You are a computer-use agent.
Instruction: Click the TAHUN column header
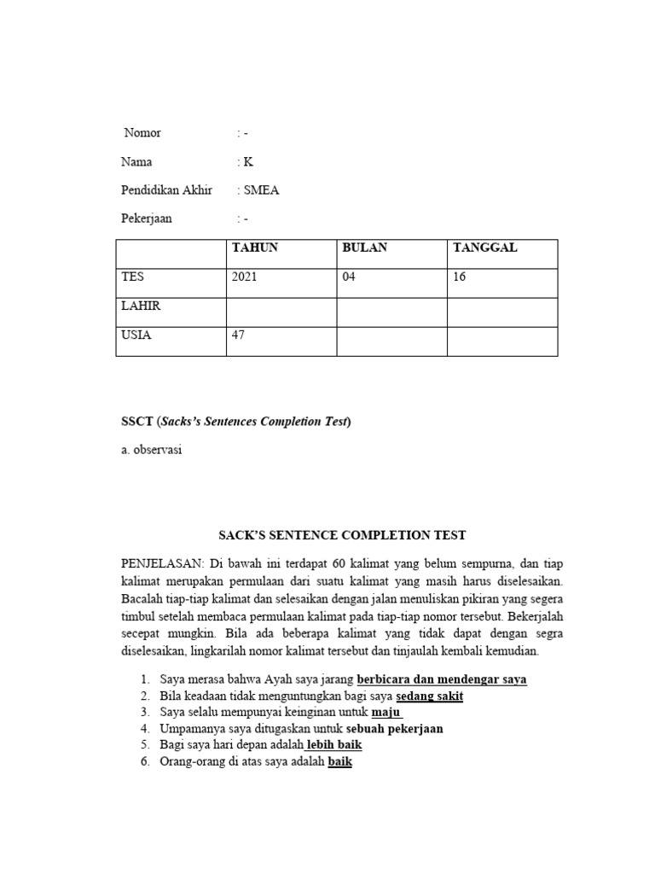(254, 248)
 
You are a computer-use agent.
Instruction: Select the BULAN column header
(364, 248)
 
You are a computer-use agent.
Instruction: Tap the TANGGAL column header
(485, 248)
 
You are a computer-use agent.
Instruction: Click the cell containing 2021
(245, 277)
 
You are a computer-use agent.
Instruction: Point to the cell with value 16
(460, 277)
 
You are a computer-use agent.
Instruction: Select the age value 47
(238, 335)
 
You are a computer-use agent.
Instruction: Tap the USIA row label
(137, 335)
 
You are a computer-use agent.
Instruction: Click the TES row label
(133, 277)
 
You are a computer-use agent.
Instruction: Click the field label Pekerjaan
(148, 218)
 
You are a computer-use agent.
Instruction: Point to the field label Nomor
(142, 133)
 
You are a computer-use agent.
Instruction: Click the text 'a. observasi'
(153, 450)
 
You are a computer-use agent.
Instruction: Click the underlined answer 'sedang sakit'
(429, 696)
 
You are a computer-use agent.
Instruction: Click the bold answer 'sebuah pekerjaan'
(394, 729)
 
